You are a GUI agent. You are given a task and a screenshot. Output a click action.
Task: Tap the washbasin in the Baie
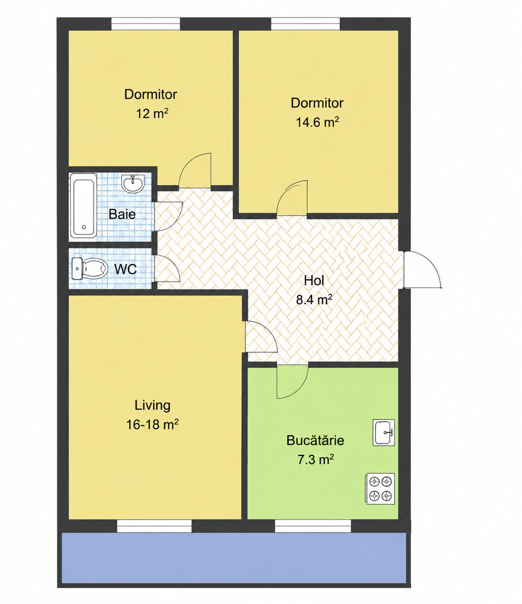[133, 183]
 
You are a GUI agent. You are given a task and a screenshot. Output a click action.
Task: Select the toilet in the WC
[89, 269]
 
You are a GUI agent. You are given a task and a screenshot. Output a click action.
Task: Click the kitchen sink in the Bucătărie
[383, 432]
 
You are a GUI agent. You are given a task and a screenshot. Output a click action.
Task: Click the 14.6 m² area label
[318, 122]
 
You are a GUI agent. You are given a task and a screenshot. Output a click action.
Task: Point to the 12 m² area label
[152, 113]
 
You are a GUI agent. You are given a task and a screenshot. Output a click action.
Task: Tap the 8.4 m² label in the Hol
[314, 299]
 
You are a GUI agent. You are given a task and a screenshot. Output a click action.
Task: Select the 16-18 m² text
[152, 425]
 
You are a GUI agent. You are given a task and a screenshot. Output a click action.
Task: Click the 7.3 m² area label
[316, 460]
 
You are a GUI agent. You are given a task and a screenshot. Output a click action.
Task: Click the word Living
[152, 406]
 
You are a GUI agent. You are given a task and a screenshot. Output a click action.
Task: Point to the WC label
[126, 269]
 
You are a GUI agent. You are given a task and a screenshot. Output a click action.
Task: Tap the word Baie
[122, 214]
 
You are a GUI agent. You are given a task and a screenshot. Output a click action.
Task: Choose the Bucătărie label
[315, 440]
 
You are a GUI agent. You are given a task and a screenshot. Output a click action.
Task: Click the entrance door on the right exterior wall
[422, 269]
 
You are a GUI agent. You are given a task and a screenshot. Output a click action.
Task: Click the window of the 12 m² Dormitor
[145, 24]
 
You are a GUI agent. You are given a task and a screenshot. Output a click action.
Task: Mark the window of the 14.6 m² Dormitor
[305, 24]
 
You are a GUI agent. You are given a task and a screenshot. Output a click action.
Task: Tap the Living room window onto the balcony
[154, 526]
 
